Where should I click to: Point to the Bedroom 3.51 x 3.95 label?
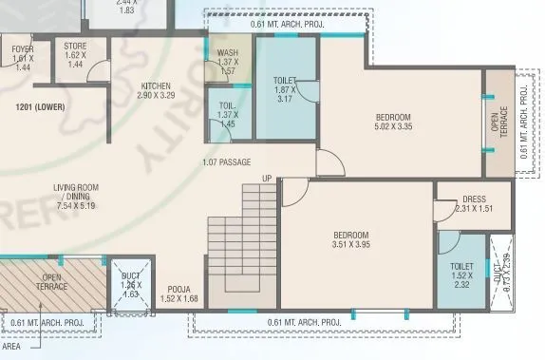pyautogui.click(x=350, y=239)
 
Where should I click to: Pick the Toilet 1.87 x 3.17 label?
pyautogui.click(x=285, y=89)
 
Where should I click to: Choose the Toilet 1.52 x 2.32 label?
pyautogui.click(x=461, y=275)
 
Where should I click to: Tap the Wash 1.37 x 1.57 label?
pyautogui.click(x=228, y=62)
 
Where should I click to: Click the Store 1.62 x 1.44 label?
pyautogui.click(x=75, y=55)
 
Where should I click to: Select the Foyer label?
pyautogui.click(x=24, y=58)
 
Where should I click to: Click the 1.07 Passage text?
pyautogui.click(x=226, y=162)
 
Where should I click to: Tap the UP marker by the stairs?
pyautogui.click(x=267, y=179)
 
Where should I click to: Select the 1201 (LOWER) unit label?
pyautogui.click(x=40, y=107)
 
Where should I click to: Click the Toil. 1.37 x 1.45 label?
pyautogui.click(x=227, y=115)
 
